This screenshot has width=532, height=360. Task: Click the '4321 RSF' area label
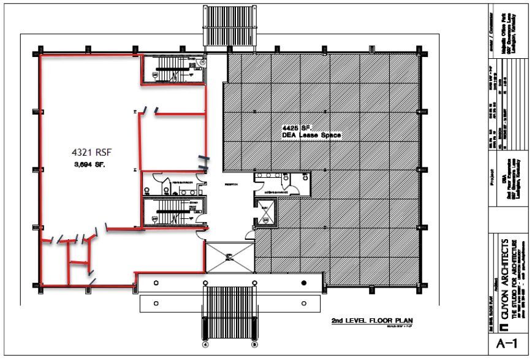coord(89,150)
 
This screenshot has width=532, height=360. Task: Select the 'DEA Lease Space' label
coord(311,135)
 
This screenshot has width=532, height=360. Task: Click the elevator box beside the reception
coord(265,215)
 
